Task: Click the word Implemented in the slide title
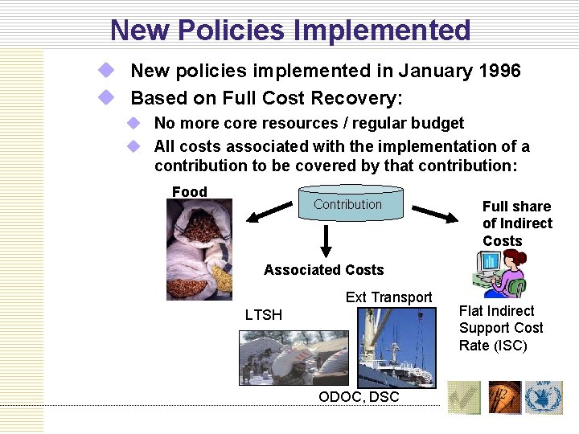[382, 30]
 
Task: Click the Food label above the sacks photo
[190, 191]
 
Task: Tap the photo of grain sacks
[199, 249]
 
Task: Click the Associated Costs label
[324, 270]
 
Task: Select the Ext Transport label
[388, 297]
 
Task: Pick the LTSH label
[264, 315]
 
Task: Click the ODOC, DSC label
[359, 397]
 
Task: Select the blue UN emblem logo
[544, 398]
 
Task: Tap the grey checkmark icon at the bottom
[463, 398]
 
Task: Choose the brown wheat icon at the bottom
[505, 398]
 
